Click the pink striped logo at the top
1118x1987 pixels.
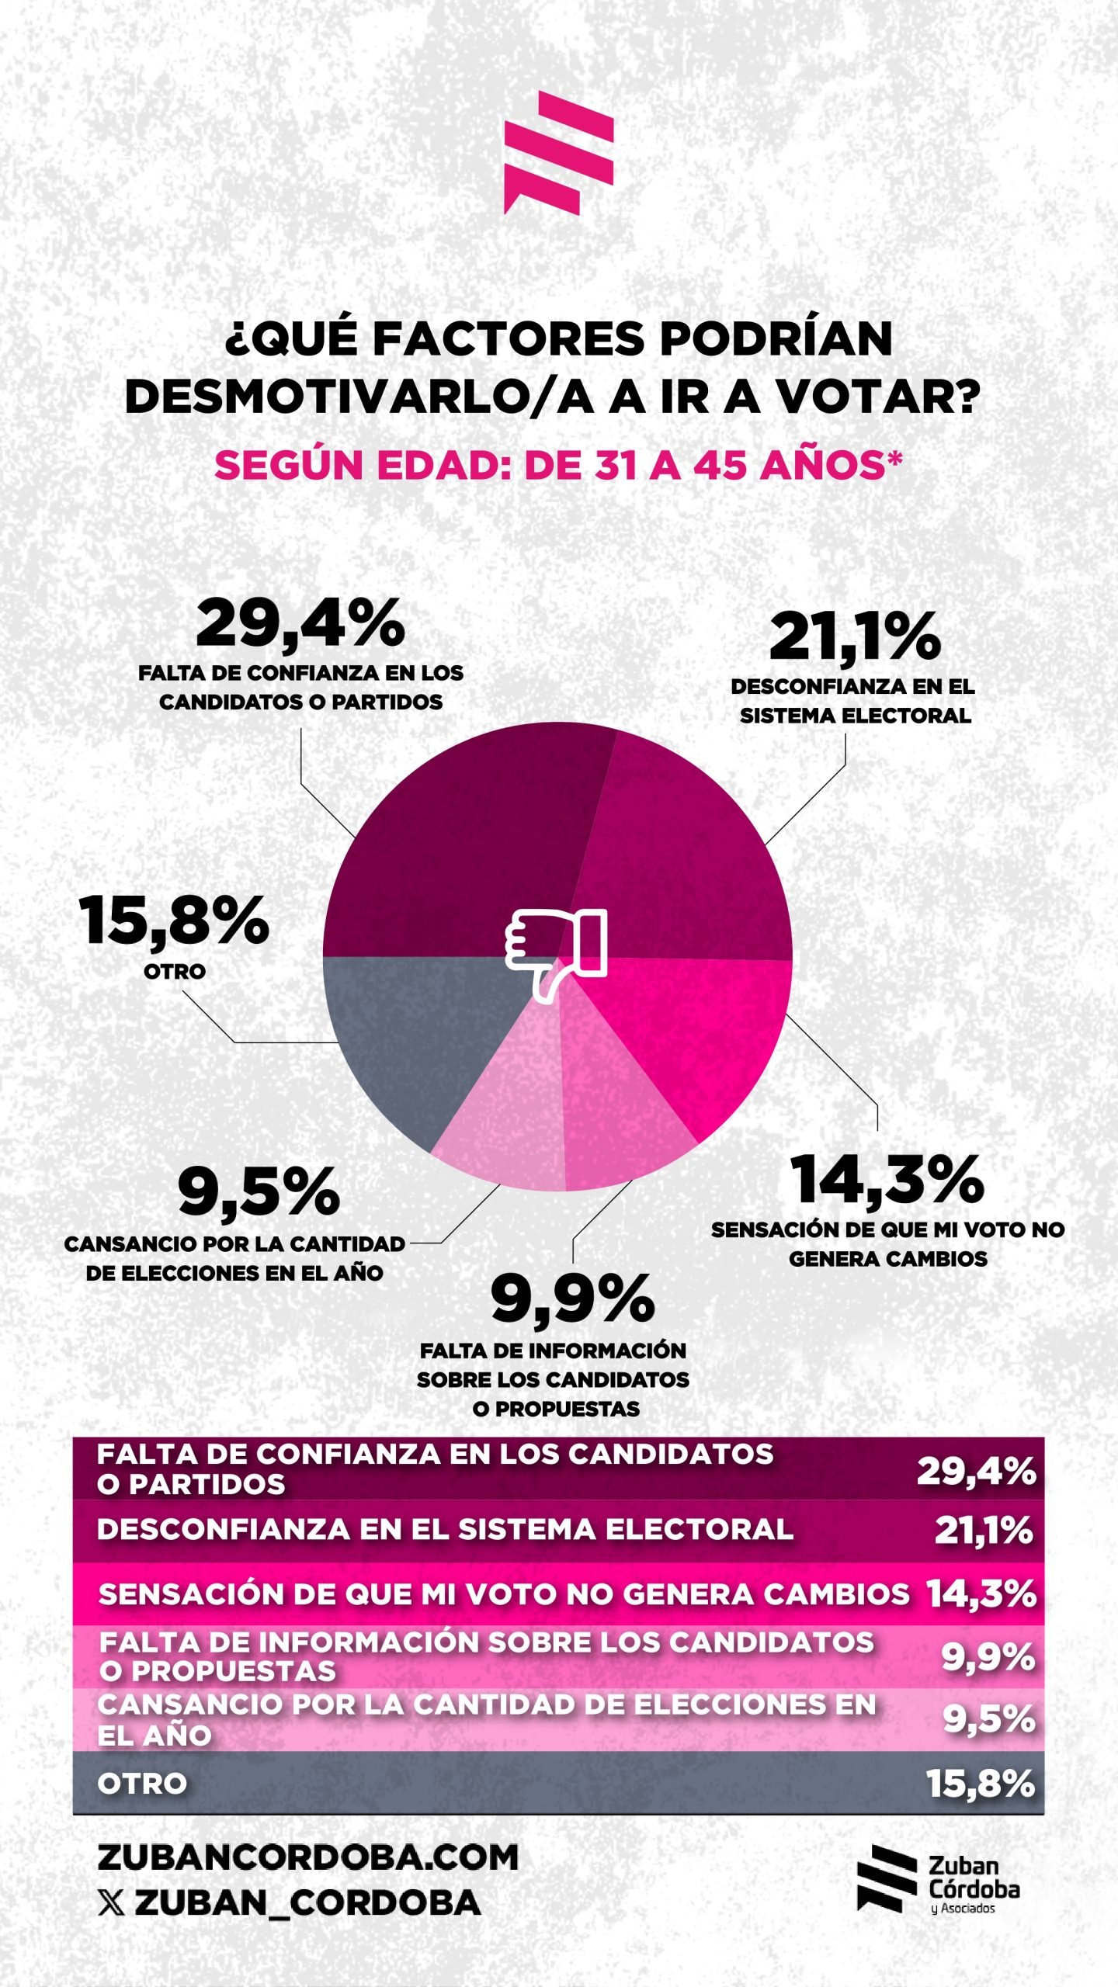click(x=558, y=152)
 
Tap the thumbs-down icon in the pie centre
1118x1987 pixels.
click(x=556, y=954)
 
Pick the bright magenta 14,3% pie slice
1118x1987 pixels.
click(x=691, y=1040)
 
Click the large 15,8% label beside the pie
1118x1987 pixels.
click(x=174, y=921)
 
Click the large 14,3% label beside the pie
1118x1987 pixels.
click(x=887, y=1180)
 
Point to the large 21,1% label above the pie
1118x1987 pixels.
click(x=855, y=637)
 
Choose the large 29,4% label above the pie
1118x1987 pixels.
click(x=300, y=623)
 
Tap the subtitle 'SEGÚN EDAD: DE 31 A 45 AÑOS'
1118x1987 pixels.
click(x=558, y=466)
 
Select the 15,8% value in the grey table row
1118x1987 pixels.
click(x=981, y=1784)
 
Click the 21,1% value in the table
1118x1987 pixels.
click(x=984, y=1530)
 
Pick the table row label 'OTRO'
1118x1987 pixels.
click(x=142, y=1784)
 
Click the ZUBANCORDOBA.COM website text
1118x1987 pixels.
click(x=308, y=1857)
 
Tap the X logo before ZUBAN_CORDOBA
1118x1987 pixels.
click(x=111, y=1903)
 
